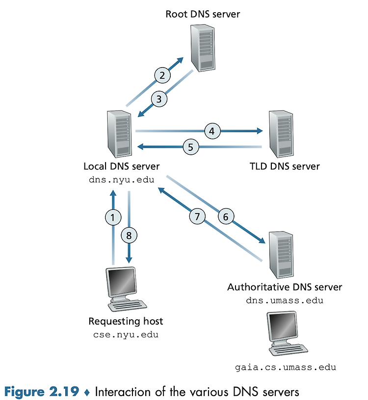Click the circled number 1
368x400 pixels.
(113, 217)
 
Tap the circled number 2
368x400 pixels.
(162, 75)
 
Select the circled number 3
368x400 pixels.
(159, 99)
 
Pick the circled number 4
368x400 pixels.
(212, 131)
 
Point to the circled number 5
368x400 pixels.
(191, 147)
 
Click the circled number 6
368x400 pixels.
(226, 216)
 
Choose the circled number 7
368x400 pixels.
(197, 216)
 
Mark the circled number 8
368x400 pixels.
(129, 235)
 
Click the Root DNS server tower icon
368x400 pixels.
(203, 48)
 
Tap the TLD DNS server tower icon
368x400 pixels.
(281, 134)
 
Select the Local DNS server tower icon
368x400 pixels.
(119, 134)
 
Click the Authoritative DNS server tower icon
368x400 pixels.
(281, 255)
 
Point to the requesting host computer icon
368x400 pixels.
(126, 289)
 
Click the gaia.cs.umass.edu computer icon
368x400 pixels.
(287, 333)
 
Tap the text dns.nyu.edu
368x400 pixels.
(122, 180)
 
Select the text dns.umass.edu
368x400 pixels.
(285, 300)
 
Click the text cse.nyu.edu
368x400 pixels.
(126, 334)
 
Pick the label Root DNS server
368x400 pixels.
(203, 14)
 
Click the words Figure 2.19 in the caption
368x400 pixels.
(42, 392)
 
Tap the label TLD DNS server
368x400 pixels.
(285, 166)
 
